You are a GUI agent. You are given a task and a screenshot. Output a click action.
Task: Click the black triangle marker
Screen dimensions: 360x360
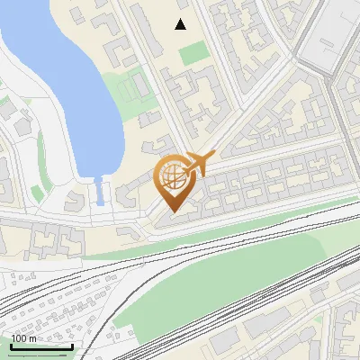coord(181,24)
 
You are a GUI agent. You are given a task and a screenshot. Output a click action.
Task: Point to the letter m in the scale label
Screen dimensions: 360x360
coord(33,338)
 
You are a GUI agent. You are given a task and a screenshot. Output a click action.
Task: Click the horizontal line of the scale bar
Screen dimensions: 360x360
coord(41,346)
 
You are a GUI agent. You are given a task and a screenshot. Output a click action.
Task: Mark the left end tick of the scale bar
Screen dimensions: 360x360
coord(11,345)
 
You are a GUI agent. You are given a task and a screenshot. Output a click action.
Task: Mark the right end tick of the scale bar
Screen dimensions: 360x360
coord(72,345)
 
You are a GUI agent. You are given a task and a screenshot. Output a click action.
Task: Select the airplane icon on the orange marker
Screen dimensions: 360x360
coord(202,163)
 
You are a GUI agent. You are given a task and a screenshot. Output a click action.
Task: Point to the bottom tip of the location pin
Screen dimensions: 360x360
coord(171,211)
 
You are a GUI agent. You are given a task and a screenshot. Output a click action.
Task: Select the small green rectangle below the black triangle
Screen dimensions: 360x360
coord(193,53)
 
